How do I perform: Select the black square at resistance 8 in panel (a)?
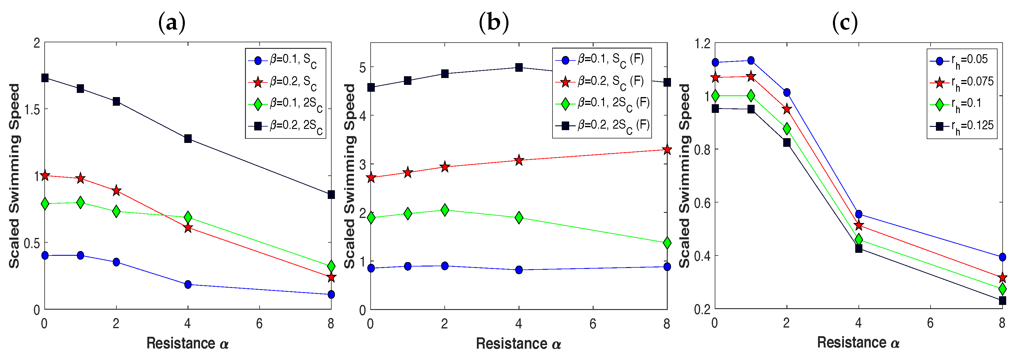pos(331,194)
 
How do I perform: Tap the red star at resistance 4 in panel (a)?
pos(188,227)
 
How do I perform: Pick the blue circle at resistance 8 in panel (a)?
pos(331,294)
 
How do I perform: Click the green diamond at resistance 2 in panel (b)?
pos(444,210)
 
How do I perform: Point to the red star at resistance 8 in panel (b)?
pos(667,149)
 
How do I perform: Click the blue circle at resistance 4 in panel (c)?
pos(858,214)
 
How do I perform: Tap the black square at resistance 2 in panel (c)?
pos(786,142)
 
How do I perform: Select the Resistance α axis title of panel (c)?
pos(858,342)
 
